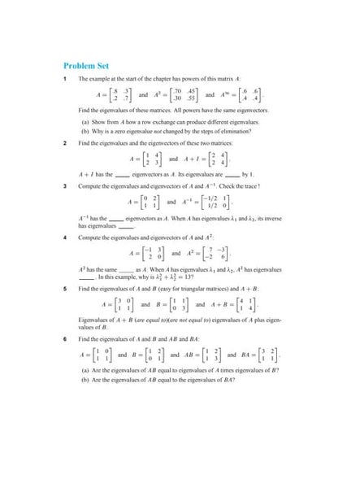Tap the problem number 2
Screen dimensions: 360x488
click(x=65, y=142)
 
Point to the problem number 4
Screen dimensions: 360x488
click(x=65, y=237)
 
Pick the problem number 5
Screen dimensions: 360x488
click(x=65, y=287)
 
